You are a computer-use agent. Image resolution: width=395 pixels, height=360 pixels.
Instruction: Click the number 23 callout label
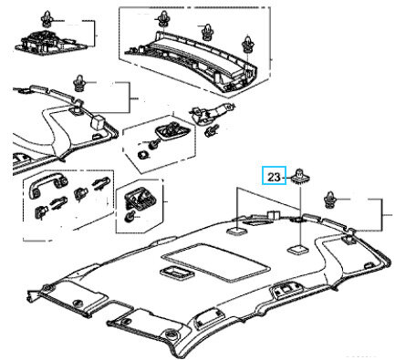(x=274, y=177)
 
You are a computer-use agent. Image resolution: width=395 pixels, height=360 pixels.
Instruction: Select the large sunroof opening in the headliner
(x=215, y=262)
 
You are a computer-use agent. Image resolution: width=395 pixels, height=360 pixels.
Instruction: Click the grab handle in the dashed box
(x=48, y=185)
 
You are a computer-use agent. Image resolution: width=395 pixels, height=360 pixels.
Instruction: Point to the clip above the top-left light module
(x=47, y=19)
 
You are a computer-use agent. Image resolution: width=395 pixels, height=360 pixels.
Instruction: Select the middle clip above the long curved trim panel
(x=207, y=32)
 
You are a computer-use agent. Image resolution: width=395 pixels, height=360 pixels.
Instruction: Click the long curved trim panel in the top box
(x=194, y=62)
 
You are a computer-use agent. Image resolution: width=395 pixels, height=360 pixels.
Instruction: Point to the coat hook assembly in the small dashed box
(x=140, y=199)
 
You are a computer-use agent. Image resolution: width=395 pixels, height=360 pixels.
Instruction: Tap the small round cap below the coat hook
(x=130, y=217)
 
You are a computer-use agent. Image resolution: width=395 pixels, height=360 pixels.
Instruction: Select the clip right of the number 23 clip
(x=329, y=201)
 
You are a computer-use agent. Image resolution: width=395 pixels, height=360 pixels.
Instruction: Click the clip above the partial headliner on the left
(x=79, y=83)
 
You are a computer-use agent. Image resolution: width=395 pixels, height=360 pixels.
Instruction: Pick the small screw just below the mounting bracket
(x=211, y=130)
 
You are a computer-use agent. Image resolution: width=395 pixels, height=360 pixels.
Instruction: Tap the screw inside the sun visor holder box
(x=153, y=143)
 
